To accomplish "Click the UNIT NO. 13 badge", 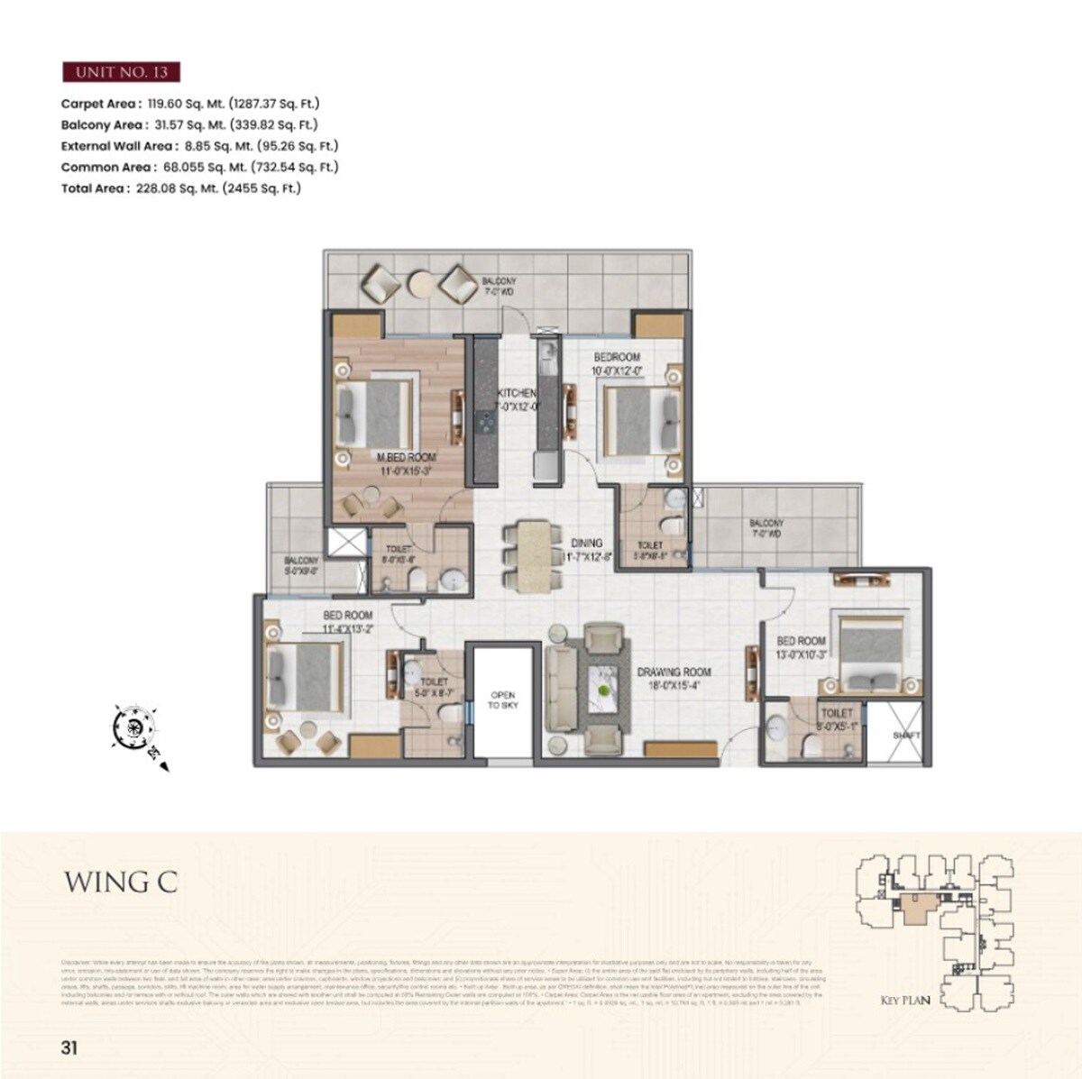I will pos(121,72).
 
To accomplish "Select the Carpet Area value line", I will pos(190,104).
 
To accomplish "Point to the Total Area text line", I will pos(180,188).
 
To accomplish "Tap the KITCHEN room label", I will pos(518,394).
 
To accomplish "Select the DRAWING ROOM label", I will pos(674,672).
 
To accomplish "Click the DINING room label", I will pos(587,544).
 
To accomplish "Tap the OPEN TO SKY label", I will pos(502,700).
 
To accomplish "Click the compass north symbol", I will pos(135,727).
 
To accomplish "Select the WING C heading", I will pos(120,882).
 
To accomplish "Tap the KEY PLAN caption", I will pos(905,1000).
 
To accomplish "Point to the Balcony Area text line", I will pos(189,125).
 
